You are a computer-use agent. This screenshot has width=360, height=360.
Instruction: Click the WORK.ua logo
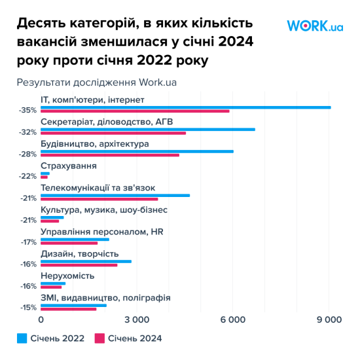[x=315, y=26]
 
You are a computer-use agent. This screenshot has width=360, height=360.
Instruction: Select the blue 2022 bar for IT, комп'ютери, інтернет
[x=186, y=107]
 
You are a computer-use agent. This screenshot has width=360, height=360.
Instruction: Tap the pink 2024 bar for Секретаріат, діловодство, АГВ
[x=113, y=134]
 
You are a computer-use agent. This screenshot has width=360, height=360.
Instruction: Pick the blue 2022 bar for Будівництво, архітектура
[x=137, y=151]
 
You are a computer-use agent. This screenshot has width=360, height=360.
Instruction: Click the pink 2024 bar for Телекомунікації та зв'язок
[x=99, y=199]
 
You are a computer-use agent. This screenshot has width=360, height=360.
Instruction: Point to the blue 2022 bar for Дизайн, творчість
[x=86, y=261]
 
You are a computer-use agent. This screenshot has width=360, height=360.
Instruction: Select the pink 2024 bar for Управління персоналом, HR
[x=69, y=243]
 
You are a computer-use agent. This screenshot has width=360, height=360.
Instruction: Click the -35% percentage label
[x=28, y=110]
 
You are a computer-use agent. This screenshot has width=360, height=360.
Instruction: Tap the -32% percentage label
[x=28, y=132]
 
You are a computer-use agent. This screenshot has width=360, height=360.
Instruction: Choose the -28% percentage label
[x=28, y=154]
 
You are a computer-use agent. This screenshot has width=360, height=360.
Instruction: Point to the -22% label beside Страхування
[x=28, y=175]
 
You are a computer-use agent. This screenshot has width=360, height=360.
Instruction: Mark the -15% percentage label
[x=28, y=307]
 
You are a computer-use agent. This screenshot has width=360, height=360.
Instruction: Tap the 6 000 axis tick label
[x=233, y=319]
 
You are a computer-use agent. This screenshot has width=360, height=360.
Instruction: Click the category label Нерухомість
[x=67, y=276]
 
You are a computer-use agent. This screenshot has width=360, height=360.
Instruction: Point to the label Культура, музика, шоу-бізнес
[x=104, y=210]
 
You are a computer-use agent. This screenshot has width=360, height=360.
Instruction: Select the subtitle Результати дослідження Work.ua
[x=97, y=82]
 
